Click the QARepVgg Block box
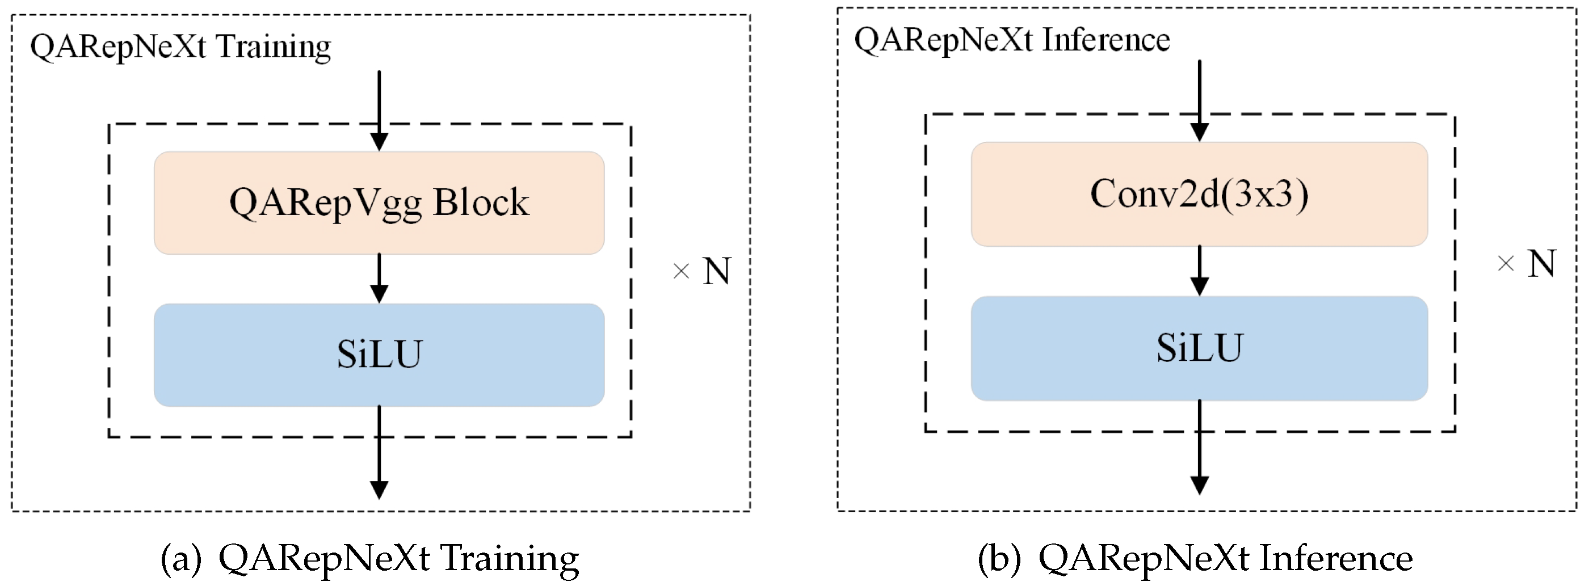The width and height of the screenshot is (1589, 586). (379, 203)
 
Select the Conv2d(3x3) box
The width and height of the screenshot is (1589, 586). (1199, 195)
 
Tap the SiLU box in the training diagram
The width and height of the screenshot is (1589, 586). (379, 355)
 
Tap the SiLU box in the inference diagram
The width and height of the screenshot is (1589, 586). (1199, 348)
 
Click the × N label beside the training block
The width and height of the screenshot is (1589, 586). (703, 271)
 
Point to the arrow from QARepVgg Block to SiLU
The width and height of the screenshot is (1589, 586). (379, 277)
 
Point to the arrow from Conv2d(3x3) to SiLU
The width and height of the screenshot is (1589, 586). (1199, 270)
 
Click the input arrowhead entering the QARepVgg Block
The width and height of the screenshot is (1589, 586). (379, 141)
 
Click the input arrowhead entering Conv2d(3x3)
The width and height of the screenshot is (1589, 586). (1199, 132)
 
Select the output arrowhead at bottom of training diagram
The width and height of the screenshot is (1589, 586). (379, 489)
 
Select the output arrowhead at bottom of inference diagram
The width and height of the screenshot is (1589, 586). (1199, 485)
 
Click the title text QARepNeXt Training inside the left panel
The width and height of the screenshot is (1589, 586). (180, 47)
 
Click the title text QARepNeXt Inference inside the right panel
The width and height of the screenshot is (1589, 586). (1012, 41)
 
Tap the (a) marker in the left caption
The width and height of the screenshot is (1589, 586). (180, 558)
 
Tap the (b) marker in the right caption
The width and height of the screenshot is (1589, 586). (999, 558)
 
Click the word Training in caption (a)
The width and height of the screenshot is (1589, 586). (510, 558)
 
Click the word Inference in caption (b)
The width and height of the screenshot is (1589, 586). (1335, 558)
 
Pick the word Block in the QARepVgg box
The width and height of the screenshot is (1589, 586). (481, 203)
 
